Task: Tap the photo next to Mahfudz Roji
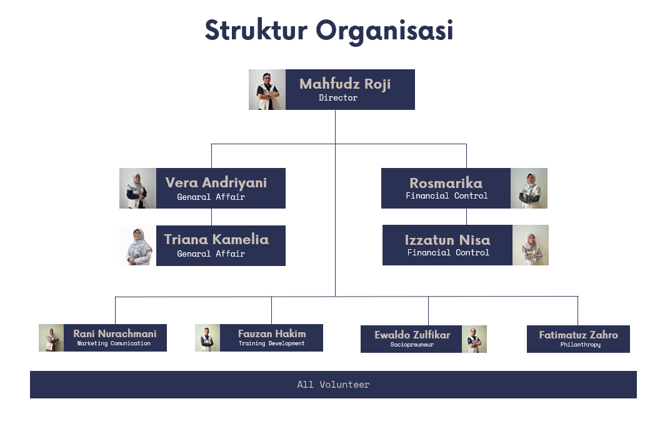click(x=267, y=89)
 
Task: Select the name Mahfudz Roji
click(x=345, y=84)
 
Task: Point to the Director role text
click(x=338, y=98)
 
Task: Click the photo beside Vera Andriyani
click(x=137, y=188)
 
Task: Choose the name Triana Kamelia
click(x=216, y=239)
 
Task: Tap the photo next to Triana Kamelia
click(x=137, y=245)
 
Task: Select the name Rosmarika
click(x=446, y=183)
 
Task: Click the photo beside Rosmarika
click(x=529, y=188)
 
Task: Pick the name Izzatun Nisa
click(x=447, y=240)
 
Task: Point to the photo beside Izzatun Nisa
click(x=530, y=245)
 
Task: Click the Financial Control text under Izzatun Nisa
click(x=448, y=253)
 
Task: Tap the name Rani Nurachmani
click(x=115, y=334)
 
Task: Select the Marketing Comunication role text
click(x=114, y=343)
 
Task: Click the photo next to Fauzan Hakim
click(x=207, y=338)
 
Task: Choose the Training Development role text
click(x=271, y=343)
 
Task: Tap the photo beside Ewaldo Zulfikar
click(x=474, y=339)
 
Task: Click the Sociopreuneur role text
click(x=412, y=345)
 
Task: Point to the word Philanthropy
click(x=580, y=345)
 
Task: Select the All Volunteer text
click(x=333, y=385)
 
